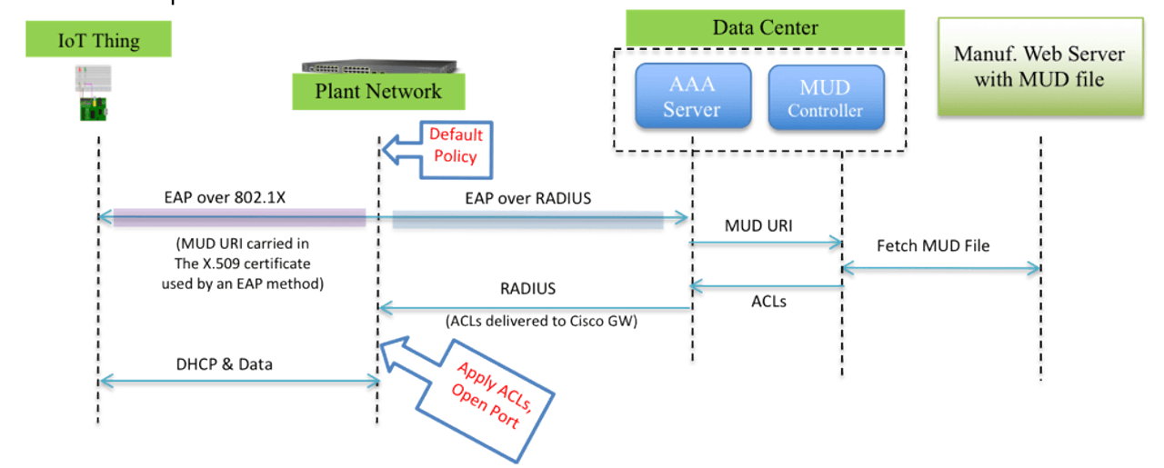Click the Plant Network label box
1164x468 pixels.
pos(378,91)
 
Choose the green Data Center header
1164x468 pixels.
pos(765,28)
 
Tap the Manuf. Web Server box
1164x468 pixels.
pos(1039,67)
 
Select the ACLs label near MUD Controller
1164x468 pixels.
pos(768,301)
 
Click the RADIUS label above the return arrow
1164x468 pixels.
pos(527,288)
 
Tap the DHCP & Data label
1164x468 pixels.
pos(224,363)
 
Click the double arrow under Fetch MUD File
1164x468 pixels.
pos(940,267)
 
